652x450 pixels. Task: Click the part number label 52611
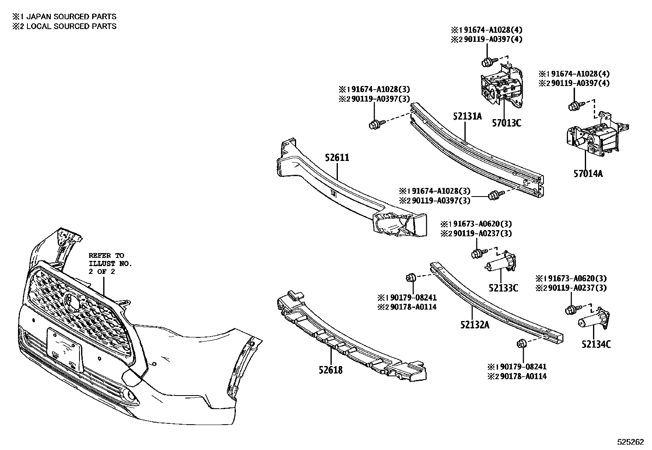(337, 158)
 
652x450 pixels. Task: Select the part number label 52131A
(467, 116)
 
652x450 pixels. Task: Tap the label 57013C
(507, 122)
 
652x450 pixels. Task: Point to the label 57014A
(588, 174)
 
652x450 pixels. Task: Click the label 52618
(331, 370)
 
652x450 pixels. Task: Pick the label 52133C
(503, 288)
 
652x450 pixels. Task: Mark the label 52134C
(596, 344)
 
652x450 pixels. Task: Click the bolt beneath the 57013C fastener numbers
(487, 62)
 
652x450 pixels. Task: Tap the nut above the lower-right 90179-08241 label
(521, 344)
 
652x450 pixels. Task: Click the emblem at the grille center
(73, 302)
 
